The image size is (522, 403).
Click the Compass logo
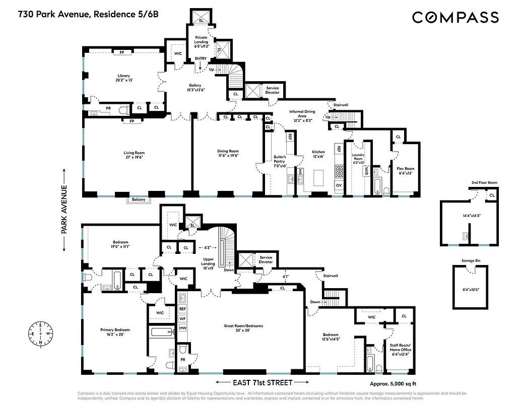[455, 17]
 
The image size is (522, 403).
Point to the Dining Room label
[228, 153]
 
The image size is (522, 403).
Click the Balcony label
[139, 199]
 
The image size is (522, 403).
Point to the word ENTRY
[201, 59]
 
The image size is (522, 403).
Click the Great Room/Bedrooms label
[243, 328]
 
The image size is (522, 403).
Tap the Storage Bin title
[472, 261]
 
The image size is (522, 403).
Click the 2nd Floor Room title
[471, 182]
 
